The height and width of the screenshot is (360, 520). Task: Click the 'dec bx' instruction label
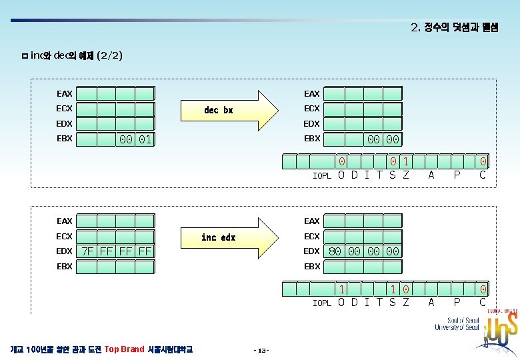click(218, 110)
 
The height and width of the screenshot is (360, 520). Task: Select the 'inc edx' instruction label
click(218, 237)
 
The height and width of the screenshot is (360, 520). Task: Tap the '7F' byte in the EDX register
click(87, 251)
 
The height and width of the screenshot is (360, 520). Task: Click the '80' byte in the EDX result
click(335, 251)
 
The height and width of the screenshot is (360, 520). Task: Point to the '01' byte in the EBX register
click(145, 139)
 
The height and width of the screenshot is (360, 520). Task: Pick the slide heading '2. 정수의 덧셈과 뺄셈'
click(454, 27)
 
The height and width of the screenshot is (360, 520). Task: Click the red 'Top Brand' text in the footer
click(124, 349)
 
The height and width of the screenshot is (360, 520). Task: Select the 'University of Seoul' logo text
click(457, 323)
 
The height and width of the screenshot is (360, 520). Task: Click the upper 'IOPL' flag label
click(322, 177)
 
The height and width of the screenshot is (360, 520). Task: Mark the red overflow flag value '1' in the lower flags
click(341, 289)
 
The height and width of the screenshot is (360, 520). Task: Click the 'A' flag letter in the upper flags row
click(431, 175)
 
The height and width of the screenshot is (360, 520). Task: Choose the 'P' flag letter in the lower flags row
click(457, 302)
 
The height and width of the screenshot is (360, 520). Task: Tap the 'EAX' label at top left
click(65, 94)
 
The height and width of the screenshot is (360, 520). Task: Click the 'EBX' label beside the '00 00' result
click(312, 139)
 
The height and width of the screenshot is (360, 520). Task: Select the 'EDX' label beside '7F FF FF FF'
click(65, 251)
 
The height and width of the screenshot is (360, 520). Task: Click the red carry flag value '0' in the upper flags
click(483, 161)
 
